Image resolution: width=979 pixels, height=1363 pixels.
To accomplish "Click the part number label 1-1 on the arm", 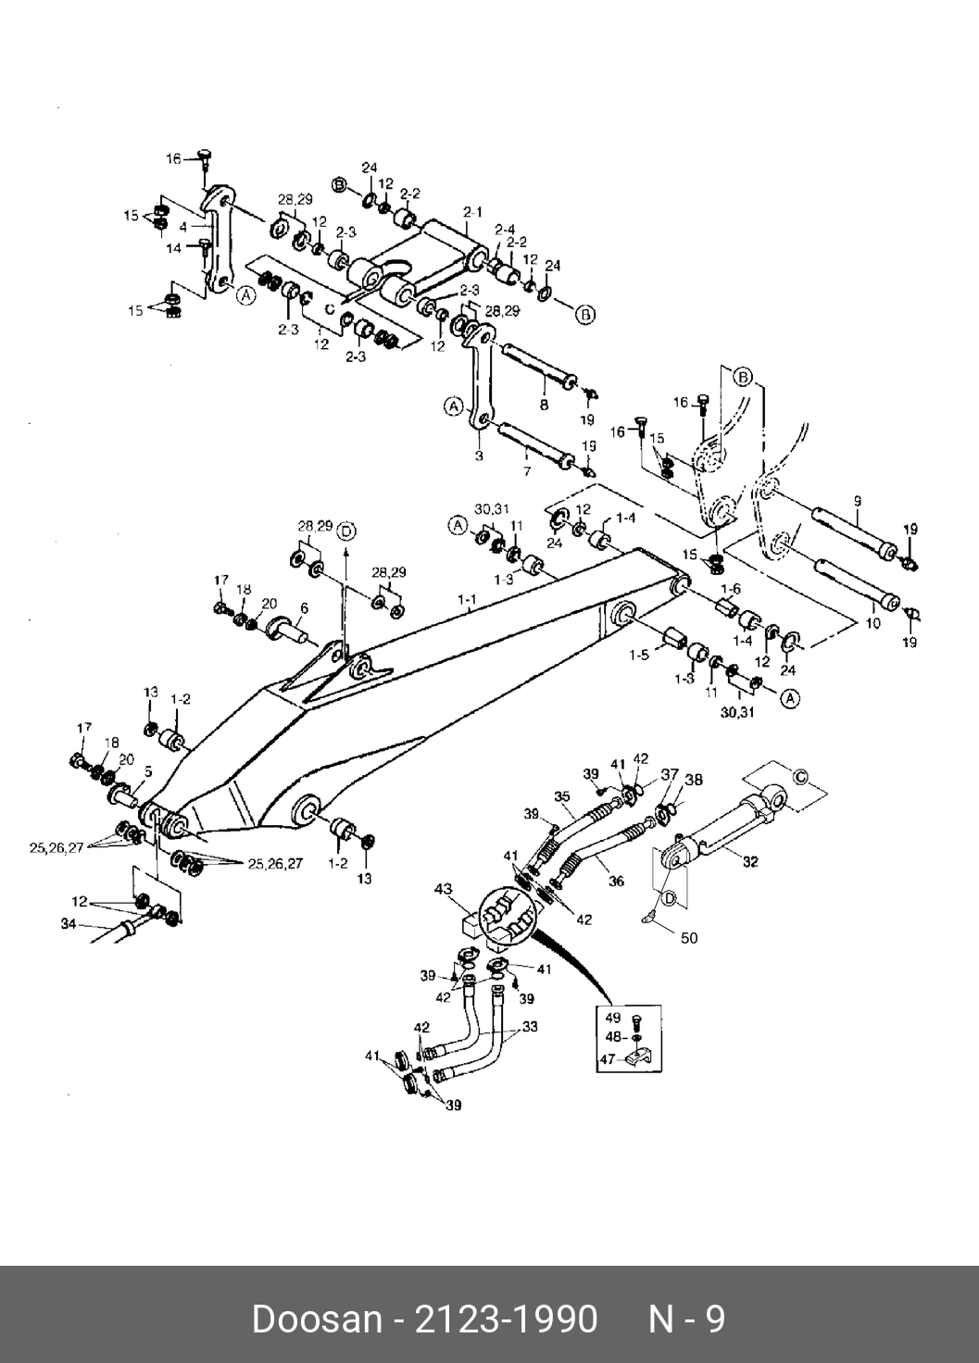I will [467, 600].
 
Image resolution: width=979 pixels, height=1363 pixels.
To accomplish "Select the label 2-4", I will [504, 229].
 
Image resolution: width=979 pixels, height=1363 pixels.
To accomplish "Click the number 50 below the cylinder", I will [688, 938].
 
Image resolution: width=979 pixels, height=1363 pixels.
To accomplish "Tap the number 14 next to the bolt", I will [174, 248].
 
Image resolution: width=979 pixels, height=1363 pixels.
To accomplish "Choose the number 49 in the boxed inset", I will [612, 1018].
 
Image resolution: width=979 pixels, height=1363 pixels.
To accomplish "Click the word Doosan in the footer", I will [316, 1319].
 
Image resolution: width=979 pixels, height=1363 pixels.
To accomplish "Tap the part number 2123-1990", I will [505, 1319].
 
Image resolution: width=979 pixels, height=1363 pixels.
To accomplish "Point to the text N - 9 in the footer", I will [686, 1319].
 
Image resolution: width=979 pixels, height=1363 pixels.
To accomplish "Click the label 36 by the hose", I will [616, 882].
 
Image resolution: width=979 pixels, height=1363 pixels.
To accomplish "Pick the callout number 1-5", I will [638, 656].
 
